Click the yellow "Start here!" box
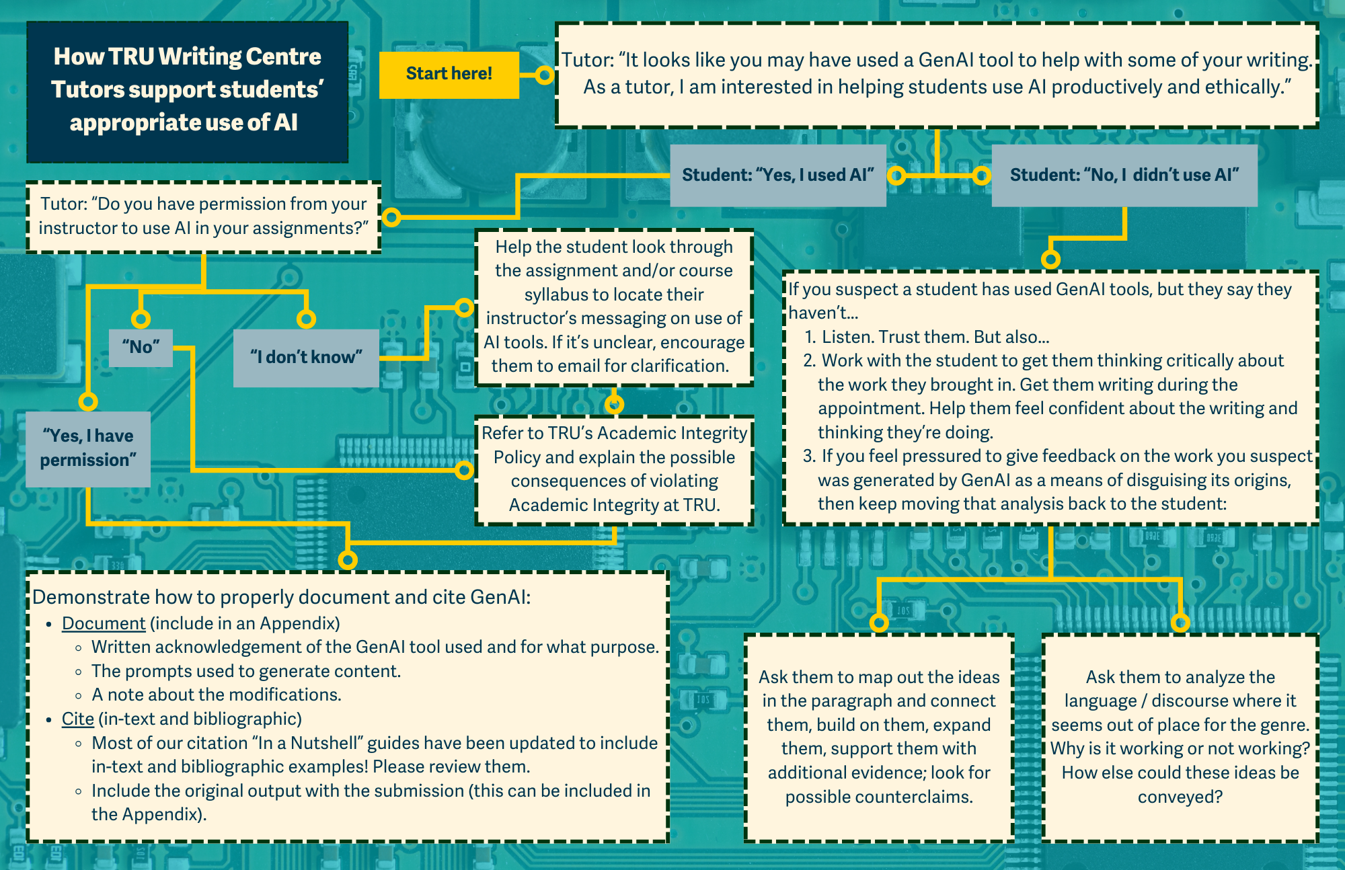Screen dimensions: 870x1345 pyautogui.click(x=449, y=75)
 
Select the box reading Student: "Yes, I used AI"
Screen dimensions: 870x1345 pyautogui.click(x=777, y=175)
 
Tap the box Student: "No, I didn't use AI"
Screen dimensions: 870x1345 pyautogui.click(x=1124, y=175)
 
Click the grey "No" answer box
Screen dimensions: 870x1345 pyautogui.click(x=141, y=347)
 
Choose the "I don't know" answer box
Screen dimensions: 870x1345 pyautogui.click(x=306, y=357)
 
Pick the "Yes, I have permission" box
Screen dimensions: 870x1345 pyautogui.click(x=88, y=448)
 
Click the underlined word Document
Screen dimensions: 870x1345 pyautogui.click(x=104, y=623)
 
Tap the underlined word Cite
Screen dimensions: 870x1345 pyautogui.click(x=78, y=719)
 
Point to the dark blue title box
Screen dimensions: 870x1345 pyautogui.click(x=187, y=91)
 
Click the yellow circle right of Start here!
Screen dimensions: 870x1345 pyautogui.click(x=545, y=75)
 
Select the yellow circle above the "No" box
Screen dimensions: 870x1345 pyautogui.click(x=141, y=319)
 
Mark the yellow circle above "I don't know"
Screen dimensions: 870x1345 pyautogui.click(x=306, y=319)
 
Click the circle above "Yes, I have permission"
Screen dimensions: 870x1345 pyautogui.click(x=88, y=401)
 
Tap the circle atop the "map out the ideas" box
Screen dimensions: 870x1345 pyautogui.click(x=879, y=623)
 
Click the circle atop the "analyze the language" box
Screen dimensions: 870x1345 pyautogui.click(x=1180, y=623)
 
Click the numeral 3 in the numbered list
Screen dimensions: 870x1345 pyautogui.click(x=809, y=456)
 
